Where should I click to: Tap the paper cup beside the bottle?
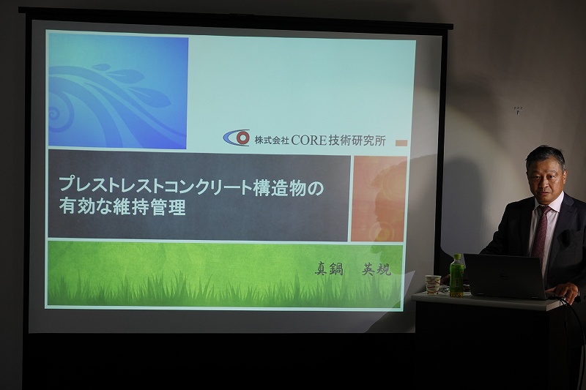pyautogui.click(x=433, y=285)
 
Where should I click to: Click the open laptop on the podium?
pyautogui.click(x=505, y=276)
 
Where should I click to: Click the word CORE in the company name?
pyautogui.click(x=308, y=140)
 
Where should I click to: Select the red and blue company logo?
pyautogui.click(x=237, y=138)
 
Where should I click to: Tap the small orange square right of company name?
pyautogui.click(x=401, y=143)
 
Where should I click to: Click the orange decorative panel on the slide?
pyautogui.click(x=379, y=198)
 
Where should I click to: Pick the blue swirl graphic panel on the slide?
pyautogui.click(x=118, y=91)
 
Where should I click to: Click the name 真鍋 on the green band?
pyautogui.click(x=329, y=269)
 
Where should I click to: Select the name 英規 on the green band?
pyautogui.click(x=377, y=269)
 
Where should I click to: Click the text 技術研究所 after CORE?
pyautogui.click(x=357, y=140)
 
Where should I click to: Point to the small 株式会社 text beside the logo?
pyautogui.click(x=271, y=140)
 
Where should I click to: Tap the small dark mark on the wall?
pyautogui.click(x=518, y=110)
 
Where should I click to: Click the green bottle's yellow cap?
pyautogui.click(x=457, y=257)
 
